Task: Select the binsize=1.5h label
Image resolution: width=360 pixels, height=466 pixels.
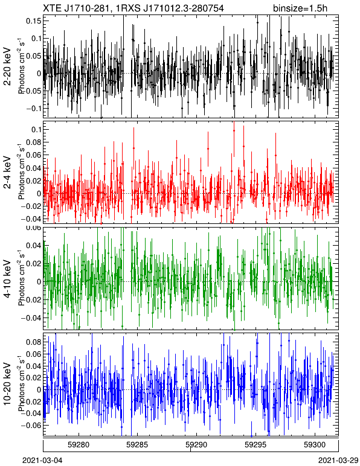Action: point(300,8)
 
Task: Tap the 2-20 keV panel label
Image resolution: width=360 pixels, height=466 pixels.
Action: point(7,66)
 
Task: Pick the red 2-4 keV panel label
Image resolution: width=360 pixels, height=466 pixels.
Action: point(7,173)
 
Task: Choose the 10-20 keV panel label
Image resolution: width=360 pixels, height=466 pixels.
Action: point(7,384)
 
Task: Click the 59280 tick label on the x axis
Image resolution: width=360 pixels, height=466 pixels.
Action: point(79,445)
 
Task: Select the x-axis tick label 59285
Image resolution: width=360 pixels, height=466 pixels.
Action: point(138,445)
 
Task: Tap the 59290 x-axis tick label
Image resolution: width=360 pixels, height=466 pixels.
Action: point(196,445)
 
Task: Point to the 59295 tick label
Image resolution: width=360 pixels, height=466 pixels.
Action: point(256,445)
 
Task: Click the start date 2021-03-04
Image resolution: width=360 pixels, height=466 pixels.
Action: point(42,461)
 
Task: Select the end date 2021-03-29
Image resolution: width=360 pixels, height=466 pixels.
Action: point(338,461)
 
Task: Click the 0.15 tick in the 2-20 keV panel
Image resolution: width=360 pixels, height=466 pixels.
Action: point(34,21)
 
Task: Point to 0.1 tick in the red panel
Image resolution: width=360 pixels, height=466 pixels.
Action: point(36,130)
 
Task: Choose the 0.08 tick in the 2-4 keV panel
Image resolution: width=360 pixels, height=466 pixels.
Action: point(34,142)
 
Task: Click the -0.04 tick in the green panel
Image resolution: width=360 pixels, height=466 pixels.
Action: point(31,318)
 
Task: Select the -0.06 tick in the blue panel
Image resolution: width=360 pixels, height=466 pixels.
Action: point(31,426)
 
